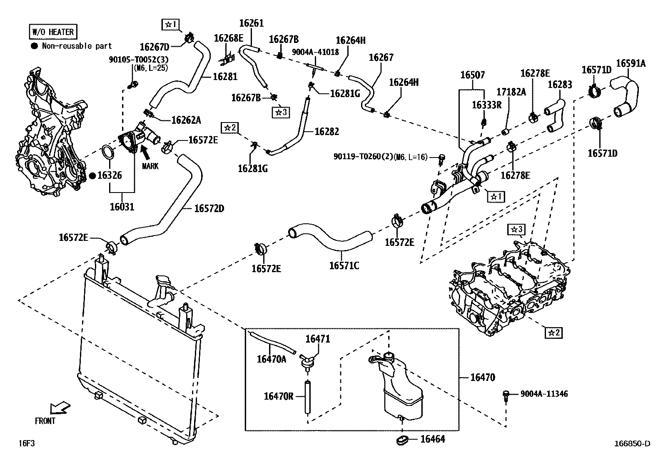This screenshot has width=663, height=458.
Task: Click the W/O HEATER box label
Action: tap(53, 32)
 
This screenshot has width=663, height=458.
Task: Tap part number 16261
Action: tap(251, 23)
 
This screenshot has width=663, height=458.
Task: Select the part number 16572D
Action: tap(209, 208)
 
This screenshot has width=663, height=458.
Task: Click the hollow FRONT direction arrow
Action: tap(60, 408)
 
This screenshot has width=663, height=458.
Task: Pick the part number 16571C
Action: tap(344, 266)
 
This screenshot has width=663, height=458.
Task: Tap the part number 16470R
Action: tap(279, 396)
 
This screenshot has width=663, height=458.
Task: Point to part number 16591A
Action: tap(631, 63)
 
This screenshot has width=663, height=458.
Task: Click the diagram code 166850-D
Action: tap(632, 443)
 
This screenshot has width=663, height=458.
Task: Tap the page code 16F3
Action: tap(27, 443)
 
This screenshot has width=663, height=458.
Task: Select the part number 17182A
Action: tap(511, 92)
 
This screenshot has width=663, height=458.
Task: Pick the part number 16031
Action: tap(122, 207)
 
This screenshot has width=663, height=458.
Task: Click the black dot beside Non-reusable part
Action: tap(35, 46)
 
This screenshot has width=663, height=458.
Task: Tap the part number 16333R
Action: tap(486, 105)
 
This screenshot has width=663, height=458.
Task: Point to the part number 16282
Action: tap(327, 132)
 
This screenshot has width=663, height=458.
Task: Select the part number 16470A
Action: tap(272, 359)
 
